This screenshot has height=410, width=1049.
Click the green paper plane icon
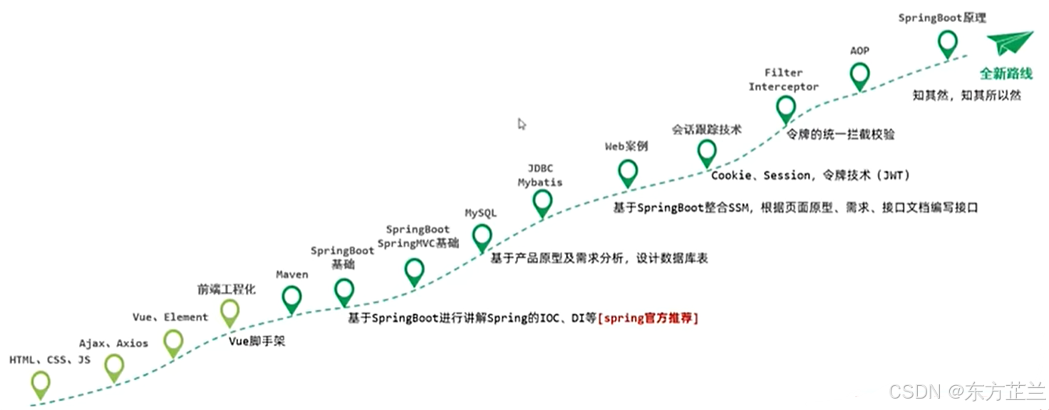point(1010,43)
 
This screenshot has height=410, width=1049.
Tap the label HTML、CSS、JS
point(50,360)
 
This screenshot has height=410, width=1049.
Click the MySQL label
point(481,213)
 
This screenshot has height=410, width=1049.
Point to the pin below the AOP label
point(860,74)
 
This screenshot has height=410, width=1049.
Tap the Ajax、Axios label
point(113,343)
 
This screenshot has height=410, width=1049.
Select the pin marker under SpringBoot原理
point(947,43)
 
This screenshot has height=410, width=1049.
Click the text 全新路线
point(1006,74)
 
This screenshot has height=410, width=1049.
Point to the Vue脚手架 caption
point(257,341)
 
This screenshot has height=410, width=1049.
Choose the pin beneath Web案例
point(628,172)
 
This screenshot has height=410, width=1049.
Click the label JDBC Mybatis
point(539,175)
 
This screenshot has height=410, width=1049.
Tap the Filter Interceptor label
point(783,80)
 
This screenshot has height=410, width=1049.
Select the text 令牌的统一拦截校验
point(840,134)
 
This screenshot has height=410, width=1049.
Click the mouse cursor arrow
point(522,124)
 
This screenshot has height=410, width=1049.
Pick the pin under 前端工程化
point(229,311)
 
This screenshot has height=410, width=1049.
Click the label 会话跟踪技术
point(706,130)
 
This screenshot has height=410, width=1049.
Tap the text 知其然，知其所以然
point(966,95)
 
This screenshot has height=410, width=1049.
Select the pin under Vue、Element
point(173,342)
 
